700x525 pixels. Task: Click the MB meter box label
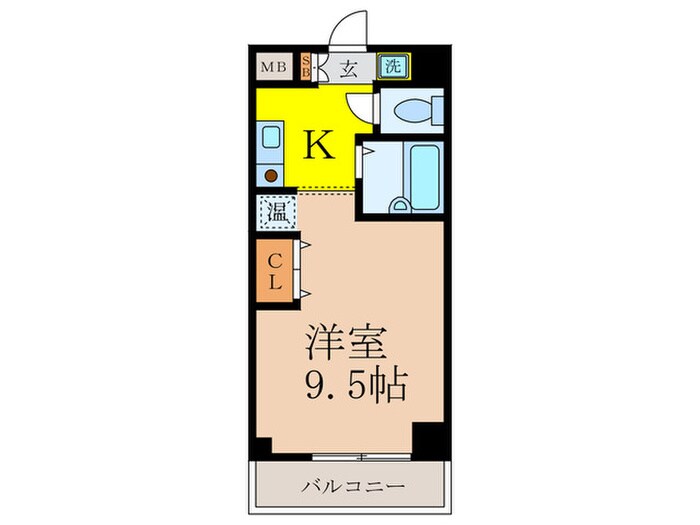pos(270,68)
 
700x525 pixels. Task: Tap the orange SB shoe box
pos(307,68)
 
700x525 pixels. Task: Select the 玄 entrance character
pos(349,68)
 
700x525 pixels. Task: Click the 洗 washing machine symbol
pos(393,68)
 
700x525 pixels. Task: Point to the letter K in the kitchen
pos(318,146)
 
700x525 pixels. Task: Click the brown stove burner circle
pos(270,174)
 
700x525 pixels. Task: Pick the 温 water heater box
pos(274,211)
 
